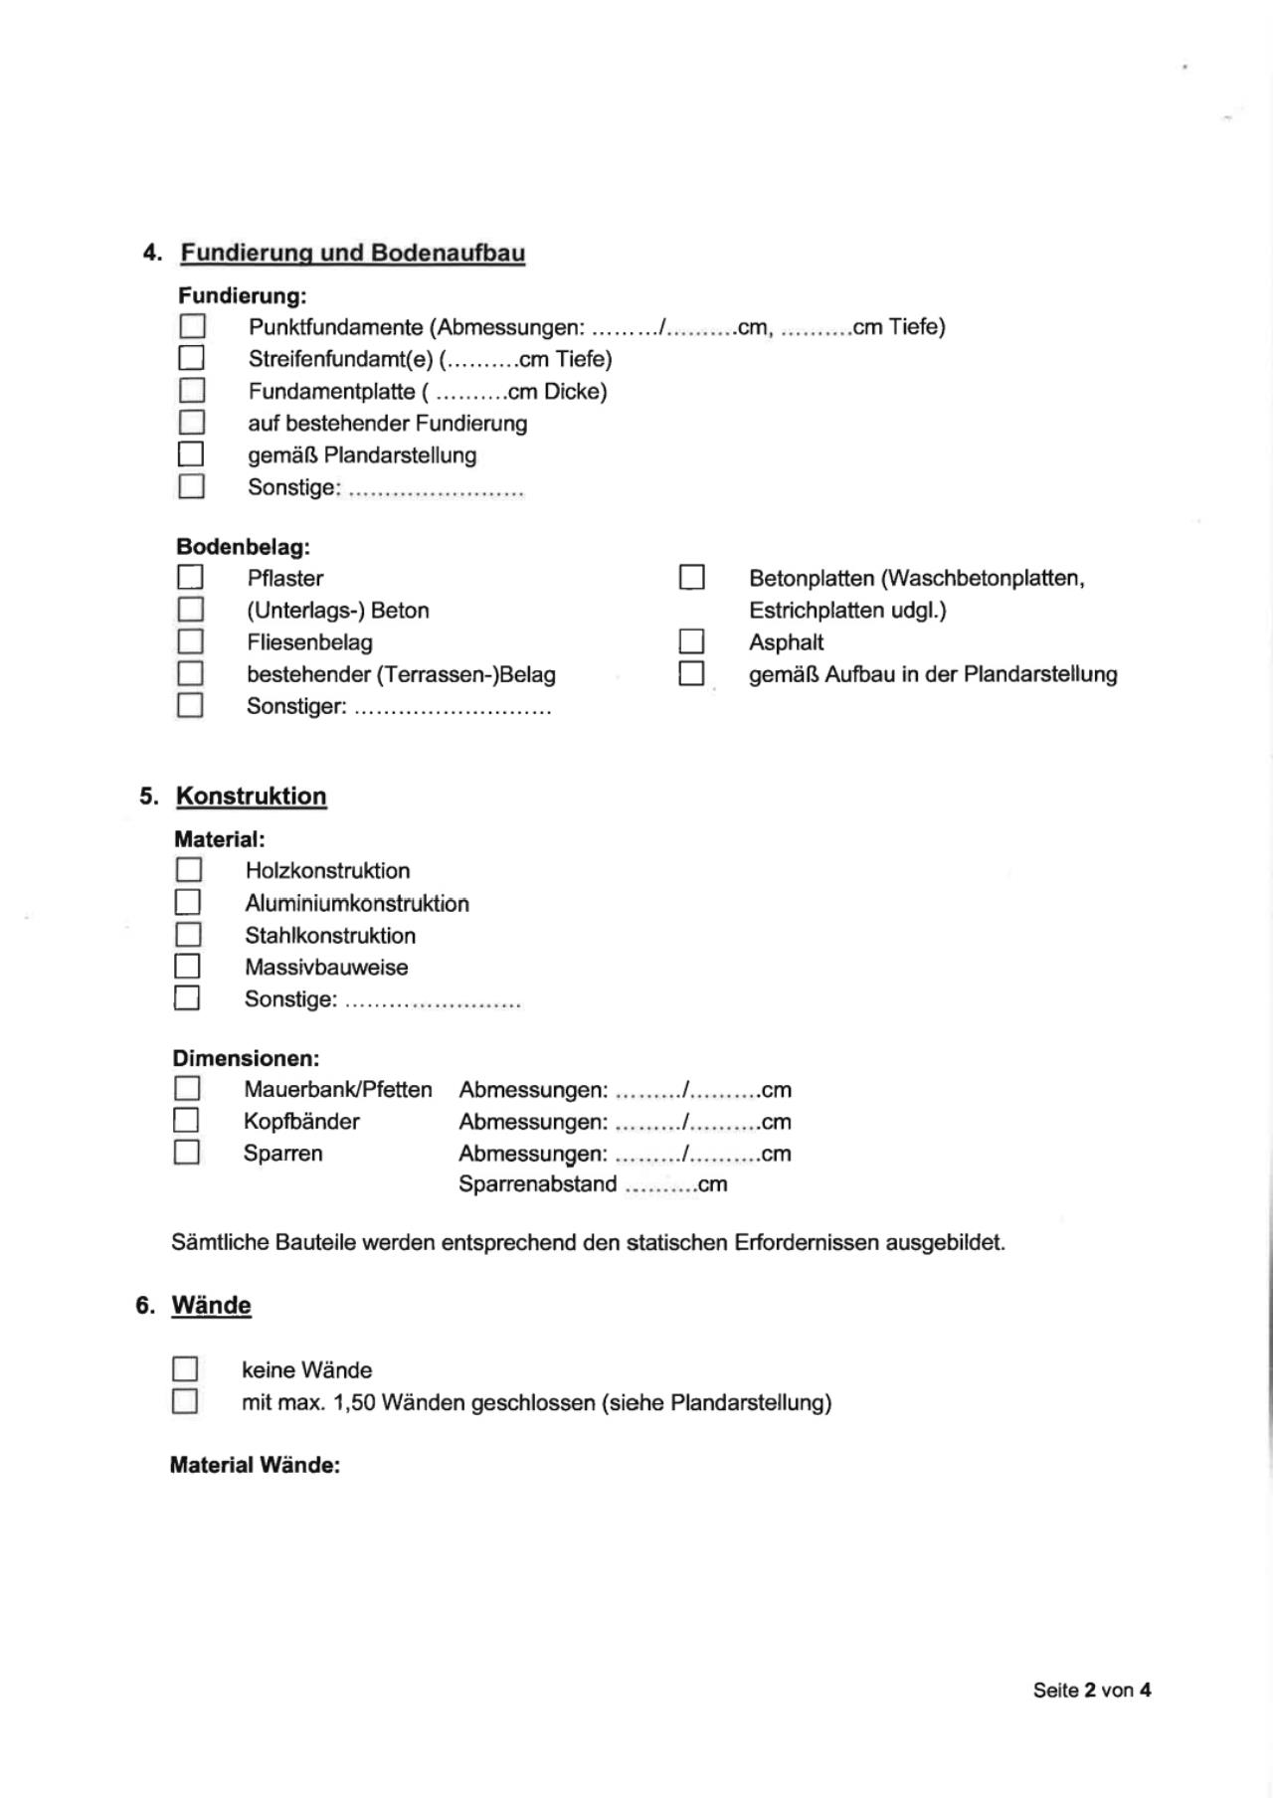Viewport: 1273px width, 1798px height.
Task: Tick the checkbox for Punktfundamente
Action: (192, 326)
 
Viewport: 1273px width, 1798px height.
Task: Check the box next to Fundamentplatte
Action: (192, 390)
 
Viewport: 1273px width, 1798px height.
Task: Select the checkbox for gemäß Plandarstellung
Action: (191, 454)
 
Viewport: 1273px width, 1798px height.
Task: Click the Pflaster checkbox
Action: (190, 577)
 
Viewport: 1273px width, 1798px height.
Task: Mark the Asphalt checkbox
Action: (691, 641)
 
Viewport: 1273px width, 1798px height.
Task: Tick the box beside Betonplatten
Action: (691, 577)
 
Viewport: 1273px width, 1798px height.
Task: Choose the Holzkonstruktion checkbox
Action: (189, 870)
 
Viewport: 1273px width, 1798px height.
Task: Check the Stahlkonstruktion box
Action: (188, 935)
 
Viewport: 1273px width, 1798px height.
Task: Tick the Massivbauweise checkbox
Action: (187, 967)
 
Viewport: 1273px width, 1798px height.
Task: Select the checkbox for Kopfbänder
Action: (186, 1121)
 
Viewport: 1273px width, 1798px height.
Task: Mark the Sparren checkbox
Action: (186, 1153)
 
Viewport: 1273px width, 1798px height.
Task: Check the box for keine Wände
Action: (185, 1369)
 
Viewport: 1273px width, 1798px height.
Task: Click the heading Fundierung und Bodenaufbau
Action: (352, 253)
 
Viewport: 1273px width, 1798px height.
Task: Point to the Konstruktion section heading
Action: (252, 797)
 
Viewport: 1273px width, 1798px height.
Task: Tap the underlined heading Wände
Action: (211, 1306)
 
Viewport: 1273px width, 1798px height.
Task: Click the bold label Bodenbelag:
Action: (243, 546)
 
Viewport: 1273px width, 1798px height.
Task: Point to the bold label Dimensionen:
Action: (246, 1058)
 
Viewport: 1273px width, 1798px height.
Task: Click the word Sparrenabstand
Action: (537, 1184)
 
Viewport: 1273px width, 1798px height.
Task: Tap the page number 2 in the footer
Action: (1090, 1690)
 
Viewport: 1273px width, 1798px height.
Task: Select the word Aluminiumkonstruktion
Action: (357, 903)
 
